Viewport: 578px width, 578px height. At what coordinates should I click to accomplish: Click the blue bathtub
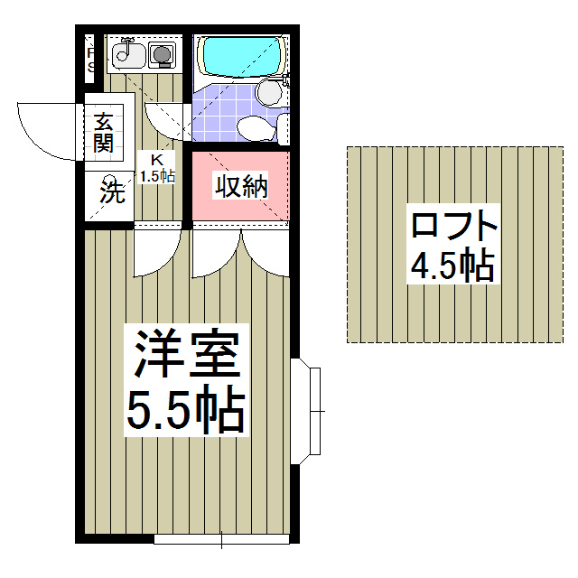pyautogui.click(x=241, y=56)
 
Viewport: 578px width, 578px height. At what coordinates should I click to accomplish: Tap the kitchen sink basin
pyautogui.click(x=128, y=56)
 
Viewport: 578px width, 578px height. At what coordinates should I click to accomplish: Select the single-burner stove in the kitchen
pyautogui.click(x=162, y=55)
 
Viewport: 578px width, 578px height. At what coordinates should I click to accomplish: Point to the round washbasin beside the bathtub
pyautogui.click(x=269, y=92)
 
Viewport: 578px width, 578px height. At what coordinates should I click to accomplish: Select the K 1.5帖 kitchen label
pyautogui.click(x=157, y=168)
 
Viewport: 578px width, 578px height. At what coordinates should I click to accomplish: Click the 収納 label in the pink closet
pyautogui.click(x=241, y=186)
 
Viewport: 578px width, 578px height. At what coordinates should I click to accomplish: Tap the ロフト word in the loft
pyautogui.click(x=454, y=225)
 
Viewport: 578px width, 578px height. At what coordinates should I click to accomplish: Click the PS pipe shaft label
pyautogui.click(x=90, y=60)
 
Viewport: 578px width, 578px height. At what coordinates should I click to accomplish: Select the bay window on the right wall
pyautogui.click(x=305, y=411)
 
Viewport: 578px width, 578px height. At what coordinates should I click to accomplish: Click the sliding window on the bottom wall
pyautogui.click(x=221, y=539)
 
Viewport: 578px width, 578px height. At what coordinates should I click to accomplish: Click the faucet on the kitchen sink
pyautogui.click(x=126, y=45)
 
